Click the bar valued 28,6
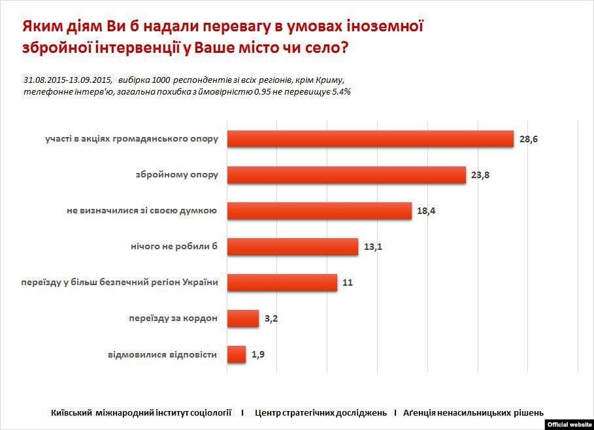point(370,139)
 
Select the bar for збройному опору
point(346,175)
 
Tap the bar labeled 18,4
point(319,210)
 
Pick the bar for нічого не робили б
point(292,247)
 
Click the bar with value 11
point(282,283)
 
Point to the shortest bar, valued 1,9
point(236,354)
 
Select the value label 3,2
point(270,319)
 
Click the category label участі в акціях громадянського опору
point(131,139)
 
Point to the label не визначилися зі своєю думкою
point(142,210)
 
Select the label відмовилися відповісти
point(162,354)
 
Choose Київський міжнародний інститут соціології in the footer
point(141,412)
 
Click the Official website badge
point(569,424)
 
